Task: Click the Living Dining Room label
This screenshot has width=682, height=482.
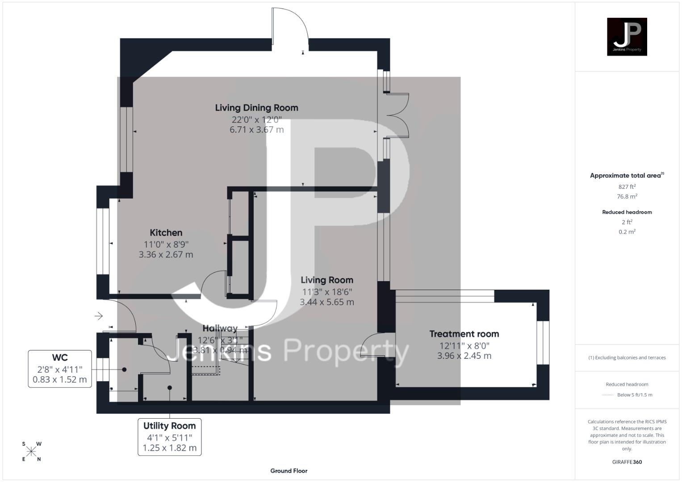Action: click(x=256, y=108)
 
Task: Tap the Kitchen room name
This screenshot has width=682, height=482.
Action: click(x=166, y=233)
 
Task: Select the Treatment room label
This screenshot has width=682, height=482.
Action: click(x=464, y=334)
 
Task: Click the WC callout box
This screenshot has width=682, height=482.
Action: click(x=60, y=369)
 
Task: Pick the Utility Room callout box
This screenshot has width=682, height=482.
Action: click(x=169, y=436)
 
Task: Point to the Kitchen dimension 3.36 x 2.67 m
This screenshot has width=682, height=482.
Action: click(x=166, y=254)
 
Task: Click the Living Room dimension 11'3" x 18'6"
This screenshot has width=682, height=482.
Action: click(x=327, y=292)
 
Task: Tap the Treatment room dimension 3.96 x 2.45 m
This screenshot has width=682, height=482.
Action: click(x=464, y=356)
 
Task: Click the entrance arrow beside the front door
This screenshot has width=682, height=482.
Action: click(x=99, y=316)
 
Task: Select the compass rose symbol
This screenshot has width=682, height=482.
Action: click(x=31, y=452)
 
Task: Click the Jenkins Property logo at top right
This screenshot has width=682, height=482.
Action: click(x=627, y=37)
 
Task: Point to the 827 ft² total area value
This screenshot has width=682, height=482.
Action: click(x=627, y=187)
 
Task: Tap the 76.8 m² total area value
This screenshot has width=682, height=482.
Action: click(x=627, y=196)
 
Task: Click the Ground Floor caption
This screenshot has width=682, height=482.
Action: click(x=289, y=470)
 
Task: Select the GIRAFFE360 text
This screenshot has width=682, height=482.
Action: click(x=627, y=462)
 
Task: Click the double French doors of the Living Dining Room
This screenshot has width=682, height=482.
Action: click(x=397, y=115)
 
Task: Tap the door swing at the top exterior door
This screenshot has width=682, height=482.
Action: click(x=290, y=25)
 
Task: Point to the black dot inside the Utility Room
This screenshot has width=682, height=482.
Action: click(x=170, y=388)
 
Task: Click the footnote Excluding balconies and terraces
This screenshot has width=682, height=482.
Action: click(x=627, y=357)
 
